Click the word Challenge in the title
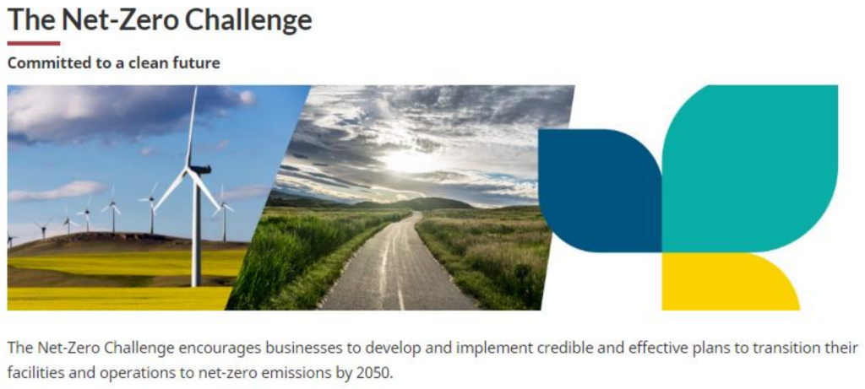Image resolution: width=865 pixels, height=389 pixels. coord(248,20)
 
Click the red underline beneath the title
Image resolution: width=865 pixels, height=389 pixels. coord(34,43)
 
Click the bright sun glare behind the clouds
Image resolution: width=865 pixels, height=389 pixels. coord(405,161)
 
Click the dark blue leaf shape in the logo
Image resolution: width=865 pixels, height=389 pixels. coord(601,190)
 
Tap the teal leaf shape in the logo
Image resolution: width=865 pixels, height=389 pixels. coord(750,168)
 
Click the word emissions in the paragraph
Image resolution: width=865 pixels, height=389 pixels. coord(298,372)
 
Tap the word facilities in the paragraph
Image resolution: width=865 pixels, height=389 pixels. coord(29,372)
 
